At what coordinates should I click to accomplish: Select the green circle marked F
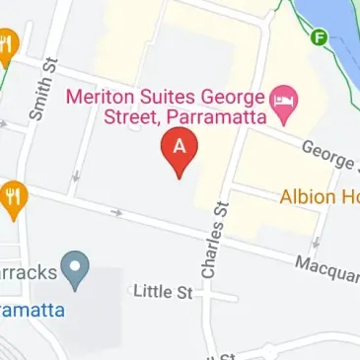click(319, 39)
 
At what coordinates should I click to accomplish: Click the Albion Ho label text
click(319, 195)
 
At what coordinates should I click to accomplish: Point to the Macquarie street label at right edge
click(327, 265)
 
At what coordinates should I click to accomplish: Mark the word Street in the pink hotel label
click(126, 118)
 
